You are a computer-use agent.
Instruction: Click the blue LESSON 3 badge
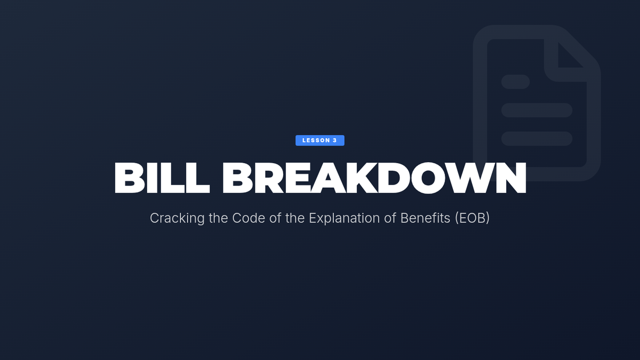[319, 140]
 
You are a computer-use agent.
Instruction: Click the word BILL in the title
[162, 178]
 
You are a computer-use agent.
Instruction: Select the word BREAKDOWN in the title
[374, 178]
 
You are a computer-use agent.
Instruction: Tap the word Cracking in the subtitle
[177, 218]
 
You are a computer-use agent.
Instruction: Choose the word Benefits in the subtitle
[425, 218]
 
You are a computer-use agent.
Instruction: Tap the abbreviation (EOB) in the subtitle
[473, 218]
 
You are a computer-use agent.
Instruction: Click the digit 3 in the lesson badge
[335, 140]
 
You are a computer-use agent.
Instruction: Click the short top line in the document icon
[515, 82]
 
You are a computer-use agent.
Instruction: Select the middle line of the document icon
[537, 110]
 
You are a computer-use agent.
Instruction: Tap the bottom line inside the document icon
[537, 139]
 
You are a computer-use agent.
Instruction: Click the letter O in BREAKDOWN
[429, 178]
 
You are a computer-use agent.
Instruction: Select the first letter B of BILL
[130, 178]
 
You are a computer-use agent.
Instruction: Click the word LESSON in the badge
[316, 140]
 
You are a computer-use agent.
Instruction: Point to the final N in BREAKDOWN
[511, 178]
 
